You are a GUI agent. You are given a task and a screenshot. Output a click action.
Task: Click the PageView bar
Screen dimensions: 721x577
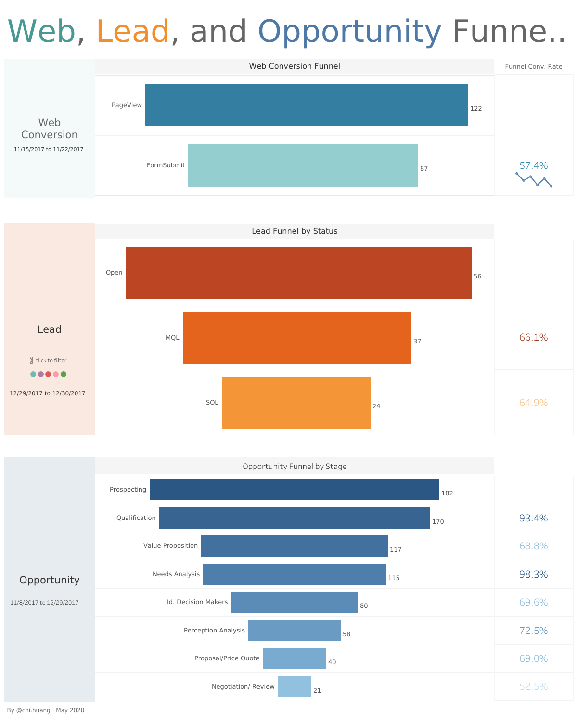pos(307,105)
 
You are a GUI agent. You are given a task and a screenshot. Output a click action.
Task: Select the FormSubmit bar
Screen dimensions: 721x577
pos(303,165)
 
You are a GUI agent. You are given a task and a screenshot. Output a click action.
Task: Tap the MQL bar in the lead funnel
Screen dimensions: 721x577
pos(297,337)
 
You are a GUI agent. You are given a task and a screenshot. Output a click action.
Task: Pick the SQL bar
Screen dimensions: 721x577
pos(296,402)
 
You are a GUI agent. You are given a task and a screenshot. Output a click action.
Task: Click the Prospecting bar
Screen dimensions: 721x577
pos(294,489)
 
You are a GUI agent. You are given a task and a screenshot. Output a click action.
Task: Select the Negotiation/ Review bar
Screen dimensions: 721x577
pos(294,686)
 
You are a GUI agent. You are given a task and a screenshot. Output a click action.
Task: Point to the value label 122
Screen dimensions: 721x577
pos(476,108)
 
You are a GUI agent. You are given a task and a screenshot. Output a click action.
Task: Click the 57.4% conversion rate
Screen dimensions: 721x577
pos(533,165)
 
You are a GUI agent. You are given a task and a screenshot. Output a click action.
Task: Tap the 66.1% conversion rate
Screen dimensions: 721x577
pos(533,337)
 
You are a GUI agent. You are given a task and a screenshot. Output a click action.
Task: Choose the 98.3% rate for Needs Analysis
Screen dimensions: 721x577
pos(533,574)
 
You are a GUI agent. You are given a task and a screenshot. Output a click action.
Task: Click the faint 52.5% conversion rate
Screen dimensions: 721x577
pos(533,686)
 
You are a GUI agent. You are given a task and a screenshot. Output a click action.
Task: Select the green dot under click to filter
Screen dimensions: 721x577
pos(64,374)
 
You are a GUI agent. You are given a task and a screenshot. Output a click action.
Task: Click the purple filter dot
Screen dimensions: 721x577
pos(41,374)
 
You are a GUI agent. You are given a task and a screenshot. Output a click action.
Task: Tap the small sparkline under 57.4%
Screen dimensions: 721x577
pos(534,179)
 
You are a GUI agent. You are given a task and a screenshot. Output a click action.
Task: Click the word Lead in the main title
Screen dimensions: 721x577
pos(133,31)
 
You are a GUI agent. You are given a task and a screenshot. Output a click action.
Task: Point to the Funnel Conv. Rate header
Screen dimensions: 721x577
pos(533,66)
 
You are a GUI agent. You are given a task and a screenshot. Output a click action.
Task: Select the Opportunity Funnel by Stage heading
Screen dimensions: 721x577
pos(295,466)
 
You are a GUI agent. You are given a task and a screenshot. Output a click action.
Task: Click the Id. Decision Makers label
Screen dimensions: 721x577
pos(197,602)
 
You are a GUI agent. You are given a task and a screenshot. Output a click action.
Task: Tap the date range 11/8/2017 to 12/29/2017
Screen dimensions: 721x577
pos(44,602)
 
